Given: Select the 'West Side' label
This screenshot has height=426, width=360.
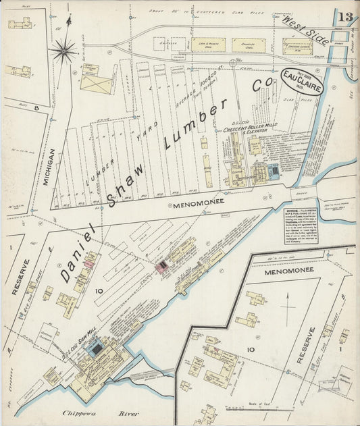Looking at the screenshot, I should click(306, 30).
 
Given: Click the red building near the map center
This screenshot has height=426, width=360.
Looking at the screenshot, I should click(162, 267).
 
